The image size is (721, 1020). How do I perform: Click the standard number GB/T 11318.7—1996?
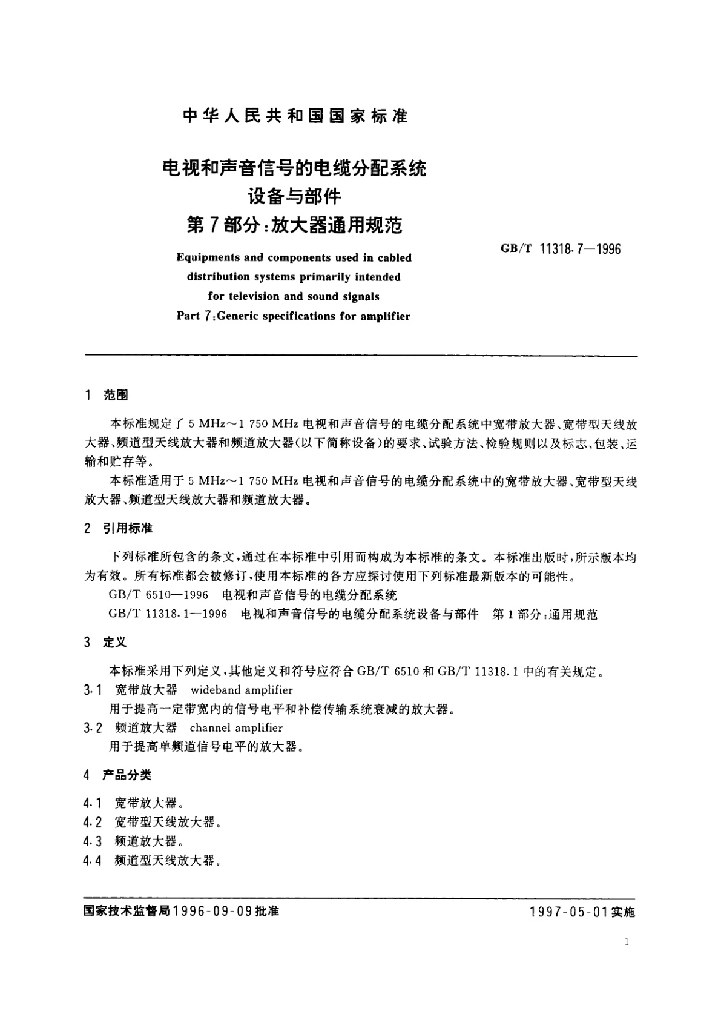561,249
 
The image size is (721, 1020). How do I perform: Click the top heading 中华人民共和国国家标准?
295,116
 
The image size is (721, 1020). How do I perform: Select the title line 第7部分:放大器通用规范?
295,225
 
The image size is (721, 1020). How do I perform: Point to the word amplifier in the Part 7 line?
383,316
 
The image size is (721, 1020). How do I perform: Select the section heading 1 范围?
107,396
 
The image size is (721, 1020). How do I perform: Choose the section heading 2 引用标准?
119,528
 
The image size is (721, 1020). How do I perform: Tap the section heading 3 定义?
107,642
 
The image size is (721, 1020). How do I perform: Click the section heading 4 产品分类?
119,775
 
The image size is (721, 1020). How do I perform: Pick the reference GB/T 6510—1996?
159,595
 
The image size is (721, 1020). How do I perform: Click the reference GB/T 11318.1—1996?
168,614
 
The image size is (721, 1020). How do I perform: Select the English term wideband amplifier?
242,690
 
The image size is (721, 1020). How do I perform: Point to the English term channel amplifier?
236,728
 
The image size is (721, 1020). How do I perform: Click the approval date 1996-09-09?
212,911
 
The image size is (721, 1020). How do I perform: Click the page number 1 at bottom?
626,941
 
